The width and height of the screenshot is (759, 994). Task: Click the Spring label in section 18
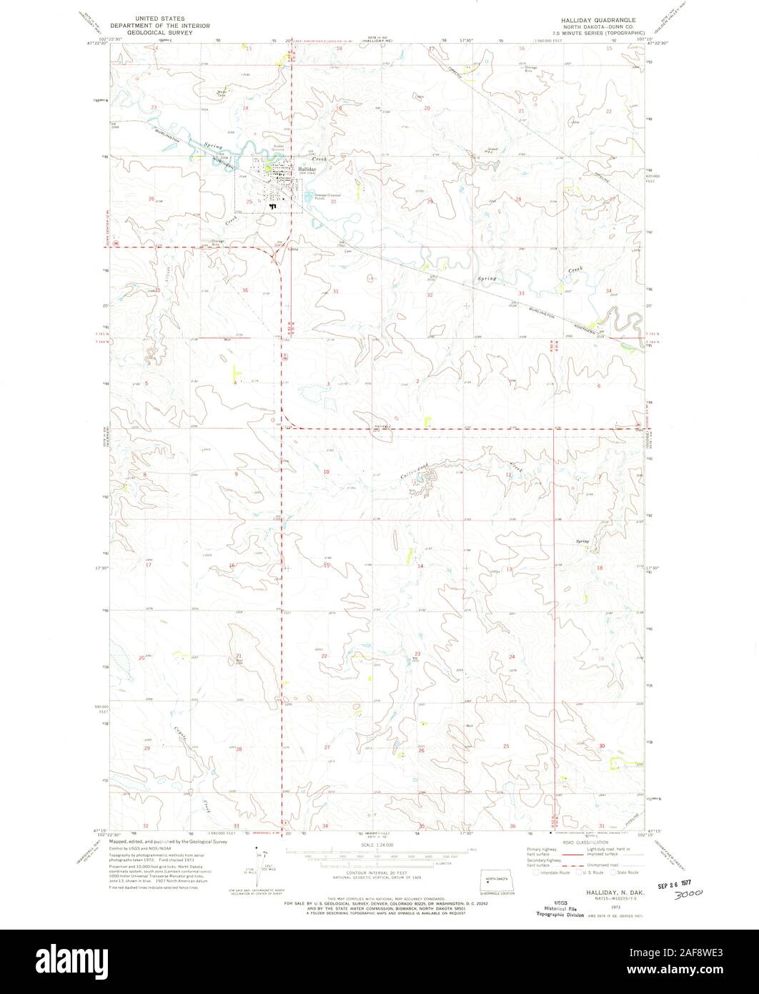point(582,543)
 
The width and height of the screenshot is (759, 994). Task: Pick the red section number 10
point(326,472)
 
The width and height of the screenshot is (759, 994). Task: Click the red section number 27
point(327,747)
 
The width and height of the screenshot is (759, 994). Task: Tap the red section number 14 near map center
point(420,566)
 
